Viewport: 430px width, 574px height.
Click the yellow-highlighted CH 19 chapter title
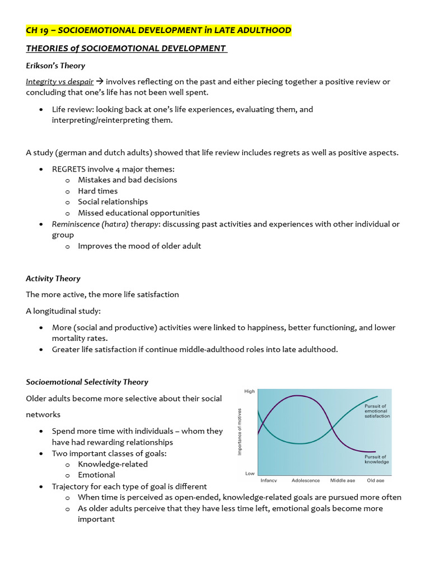click(x=158, y=30)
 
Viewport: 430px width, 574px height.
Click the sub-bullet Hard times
click(x=97, y=191)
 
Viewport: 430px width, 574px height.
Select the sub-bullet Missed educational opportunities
click(x=138, y=212)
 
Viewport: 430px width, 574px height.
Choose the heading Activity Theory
click(x=53, y=278)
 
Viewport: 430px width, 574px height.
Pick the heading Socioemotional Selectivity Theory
click(x=87, y=382)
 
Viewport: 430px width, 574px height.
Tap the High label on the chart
click(x=250, y=391)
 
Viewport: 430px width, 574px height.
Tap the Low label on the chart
click(x=250, y=474)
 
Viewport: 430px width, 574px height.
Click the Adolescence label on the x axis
click(x=306, y=480)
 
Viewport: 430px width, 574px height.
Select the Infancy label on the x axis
click(x=269, y=480)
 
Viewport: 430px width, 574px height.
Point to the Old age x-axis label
click(x=375, y=480)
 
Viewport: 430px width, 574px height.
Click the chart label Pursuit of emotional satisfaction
click(x=377, y=411)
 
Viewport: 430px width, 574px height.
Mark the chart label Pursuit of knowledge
click(x=375, y=460)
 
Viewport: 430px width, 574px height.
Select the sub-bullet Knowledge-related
click(x=113, y=464)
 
